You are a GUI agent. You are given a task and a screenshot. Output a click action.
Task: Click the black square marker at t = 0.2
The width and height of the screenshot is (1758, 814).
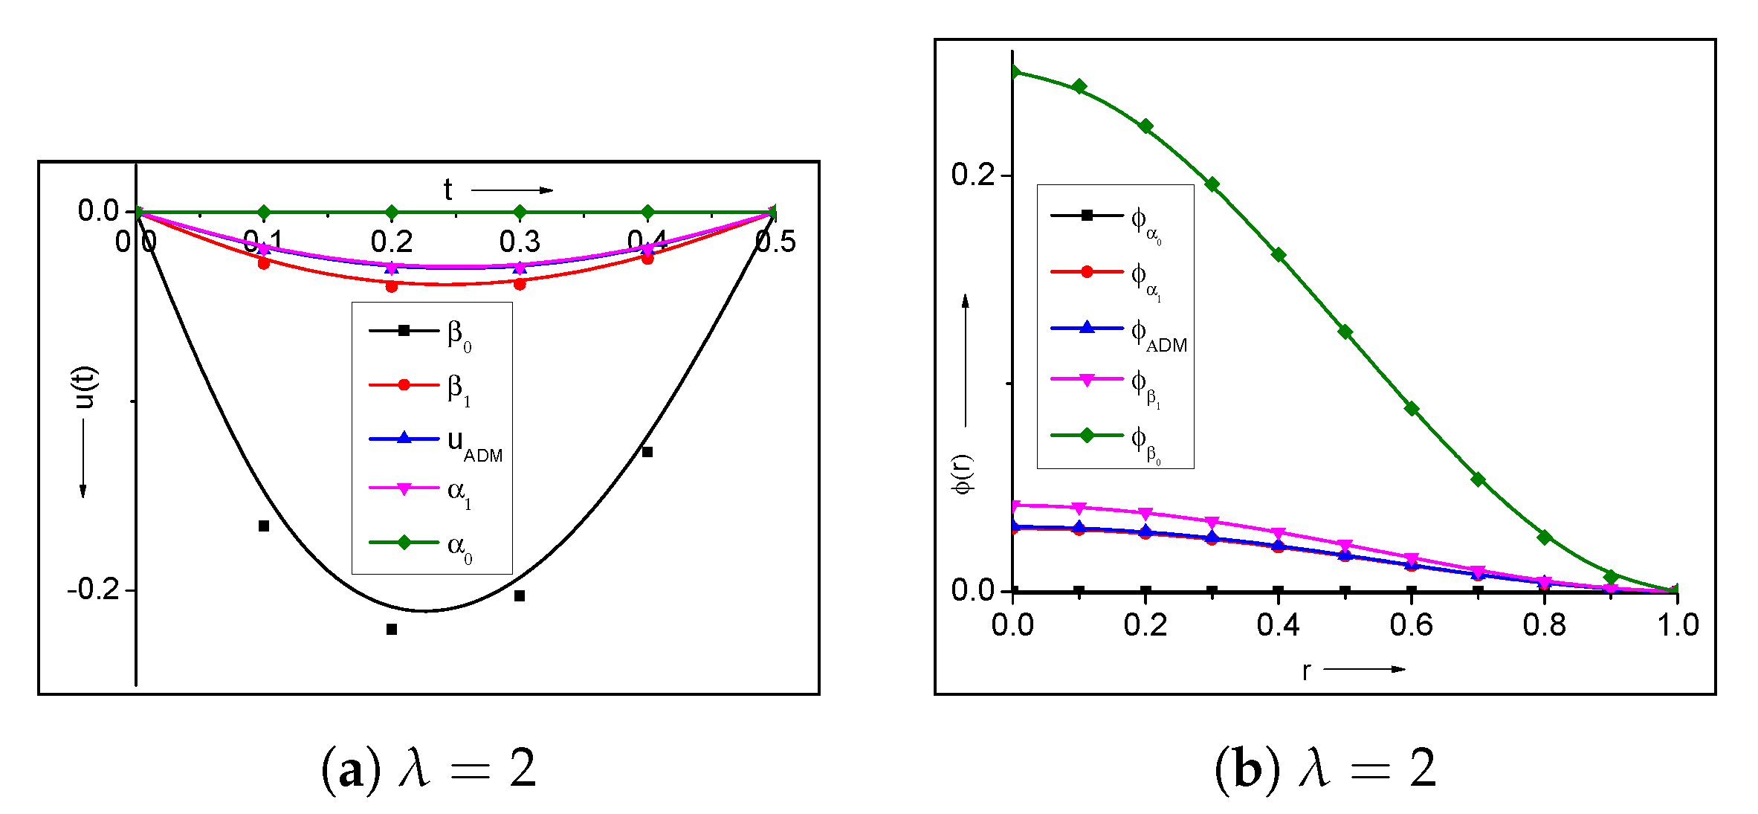(x=392, y=629)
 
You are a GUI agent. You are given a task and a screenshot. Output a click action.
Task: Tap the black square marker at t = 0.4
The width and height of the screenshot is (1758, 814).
(x=647, y=452)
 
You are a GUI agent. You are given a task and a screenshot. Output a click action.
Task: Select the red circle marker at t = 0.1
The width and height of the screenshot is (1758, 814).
(x=264, y=263)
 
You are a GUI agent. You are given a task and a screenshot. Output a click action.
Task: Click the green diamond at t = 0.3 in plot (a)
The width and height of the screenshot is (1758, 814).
(x=520, y=212)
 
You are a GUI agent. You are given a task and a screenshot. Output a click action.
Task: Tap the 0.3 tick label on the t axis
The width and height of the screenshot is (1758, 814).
(x=520, y=242)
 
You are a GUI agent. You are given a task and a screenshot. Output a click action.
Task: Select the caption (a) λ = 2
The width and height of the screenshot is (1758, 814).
(x=429, y=769)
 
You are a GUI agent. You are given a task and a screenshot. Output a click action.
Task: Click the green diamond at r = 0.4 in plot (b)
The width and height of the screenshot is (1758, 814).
(x=1279, y=255)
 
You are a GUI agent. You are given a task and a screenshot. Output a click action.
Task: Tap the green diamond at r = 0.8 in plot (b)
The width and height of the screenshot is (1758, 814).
(x=1545, y=537)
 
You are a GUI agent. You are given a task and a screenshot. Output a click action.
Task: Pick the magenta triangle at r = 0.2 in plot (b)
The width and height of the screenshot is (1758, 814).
(x=1145, y=514)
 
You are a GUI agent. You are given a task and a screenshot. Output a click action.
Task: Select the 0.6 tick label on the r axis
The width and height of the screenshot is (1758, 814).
(x=1411, y=625)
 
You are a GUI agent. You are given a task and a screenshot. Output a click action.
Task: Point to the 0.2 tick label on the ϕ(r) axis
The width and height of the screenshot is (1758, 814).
(x=972, y=175)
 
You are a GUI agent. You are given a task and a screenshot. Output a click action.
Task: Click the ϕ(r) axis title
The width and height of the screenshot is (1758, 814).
(x=963, y=474)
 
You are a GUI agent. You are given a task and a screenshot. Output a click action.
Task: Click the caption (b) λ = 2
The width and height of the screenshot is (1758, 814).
(x=1325, y=769)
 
